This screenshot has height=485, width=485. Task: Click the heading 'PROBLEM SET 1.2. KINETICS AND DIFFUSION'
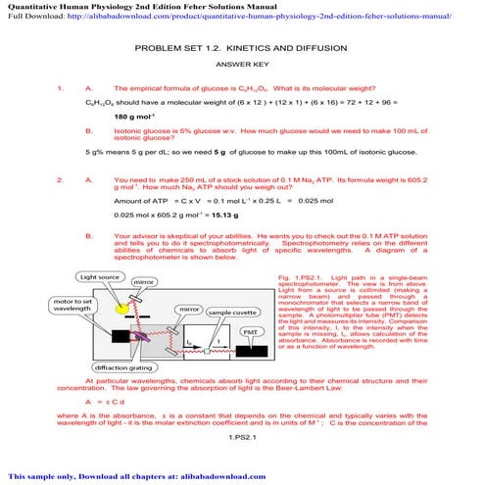241,47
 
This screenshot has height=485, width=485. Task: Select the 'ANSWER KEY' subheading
241,65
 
